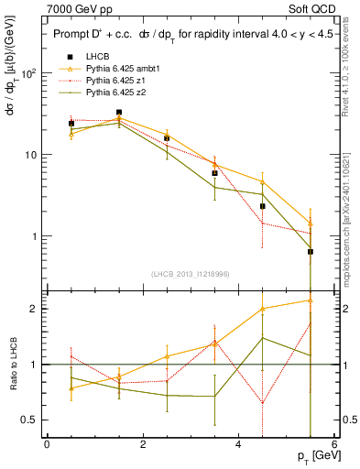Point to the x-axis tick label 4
(238, 445)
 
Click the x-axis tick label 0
(47, 445)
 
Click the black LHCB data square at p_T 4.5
(263, 206)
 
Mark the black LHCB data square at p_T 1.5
(119, 113)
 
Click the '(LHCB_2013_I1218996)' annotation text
(191, 274)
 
